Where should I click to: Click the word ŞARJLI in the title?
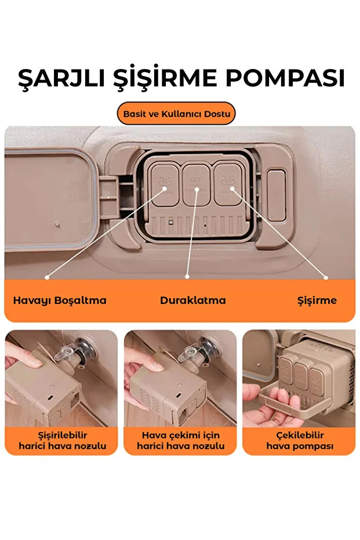[61, 78]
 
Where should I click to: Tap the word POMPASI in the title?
[285, 78]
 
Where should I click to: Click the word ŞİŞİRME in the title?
[165, 78]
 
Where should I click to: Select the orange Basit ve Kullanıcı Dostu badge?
[176, 114]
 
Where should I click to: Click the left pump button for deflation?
[165, 184]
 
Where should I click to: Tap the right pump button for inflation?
[228, 184]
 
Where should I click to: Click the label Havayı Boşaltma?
[60, 300]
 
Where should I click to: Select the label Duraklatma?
[192, 300]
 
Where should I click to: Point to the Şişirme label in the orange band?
[317, 300]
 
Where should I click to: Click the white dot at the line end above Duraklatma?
[187, 277]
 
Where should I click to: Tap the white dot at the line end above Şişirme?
[326, 277]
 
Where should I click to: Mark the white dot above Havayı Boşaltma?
[47, 277]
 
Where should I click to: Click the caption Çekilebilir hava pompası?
[300, 440]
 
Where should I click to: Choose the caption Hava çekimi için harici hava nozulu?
[181, 440]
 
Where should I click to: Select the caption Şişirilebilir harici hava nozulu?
[62, 440]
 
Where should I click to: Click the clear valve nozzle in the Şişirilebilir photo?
[67, 353]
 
